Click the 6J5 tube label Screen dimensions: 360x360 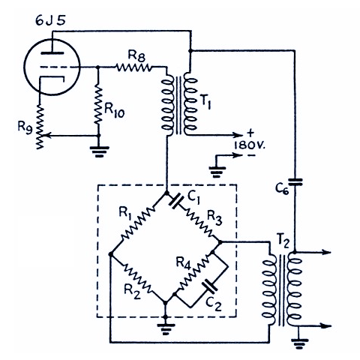50,21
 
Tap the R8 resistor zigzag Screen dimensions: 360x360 133,67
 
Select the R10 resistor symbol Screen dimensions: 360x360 98,105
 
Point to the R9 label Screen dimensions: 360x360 25,127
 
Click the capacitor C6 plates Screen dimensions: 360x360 295,181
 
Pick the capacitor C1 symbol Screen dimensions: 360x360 176,202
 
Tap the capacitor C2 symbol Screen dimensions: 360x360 210,286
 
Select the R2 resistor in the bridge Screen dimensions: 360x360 138,278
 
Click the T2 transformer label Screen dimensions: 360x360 283,241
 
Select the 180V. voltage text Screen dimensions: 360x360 249,145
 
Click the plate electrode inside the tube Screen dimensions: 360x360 52,53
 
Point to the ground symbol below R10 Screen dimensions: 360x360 99,151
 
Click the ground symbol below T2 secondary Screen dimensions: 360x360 299,343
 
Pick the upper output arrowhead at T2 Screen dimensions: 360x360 326,252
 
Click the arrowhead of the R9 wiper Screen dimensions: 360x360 46,135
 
